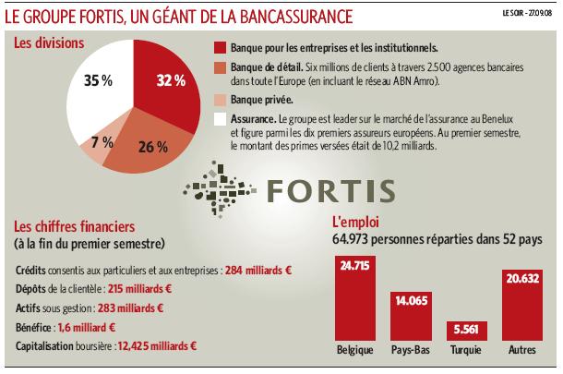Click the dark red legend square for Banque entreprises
click(x=219, y=47)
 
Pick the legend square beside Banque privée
click(x=219, y=99)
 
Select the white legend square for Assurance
click(x=219, y=119)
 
